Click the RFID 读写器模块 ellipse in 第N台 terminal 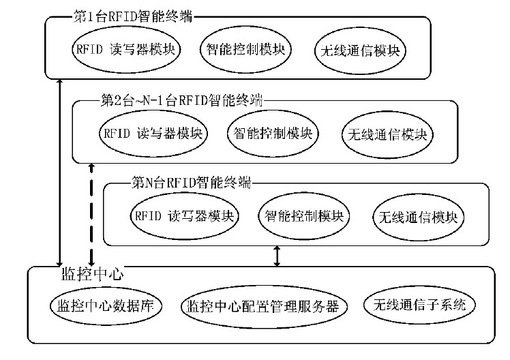tap(183, 217)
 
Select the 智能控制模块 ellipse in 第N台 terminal tap(303, 217)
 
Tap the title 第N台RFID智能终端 tap(190, 183)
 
